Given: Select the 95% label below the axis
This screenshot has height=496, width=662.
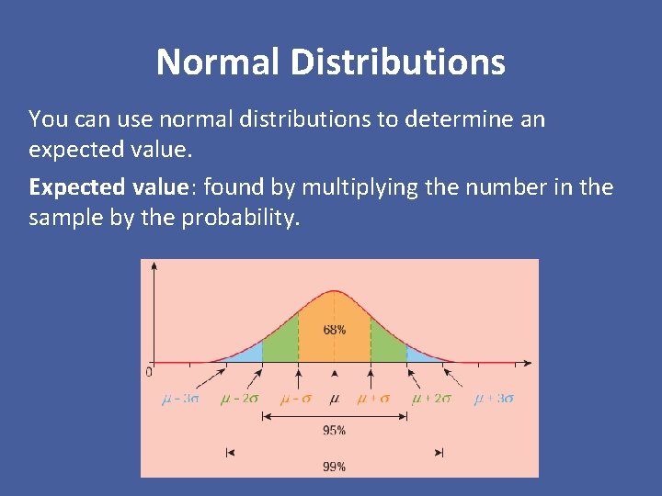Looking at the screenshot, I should coord(335,430).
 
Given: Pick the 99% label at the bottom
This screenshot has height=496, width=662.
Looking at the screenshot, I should coord(335,467).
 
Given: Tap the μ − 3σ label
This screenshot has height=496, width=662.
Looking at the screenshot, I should coord(179,399).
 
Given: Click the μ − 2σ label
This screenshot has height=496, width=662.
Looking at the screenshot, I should coord(239,399).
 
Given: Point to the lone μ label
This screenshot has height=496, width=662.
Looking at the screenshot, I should coord(335,399).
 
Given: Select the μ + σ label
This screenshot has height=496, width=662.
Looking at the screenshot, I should coord(373,399).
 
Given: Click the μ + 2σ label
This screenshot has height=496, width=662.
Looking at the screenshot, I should coord(431,399).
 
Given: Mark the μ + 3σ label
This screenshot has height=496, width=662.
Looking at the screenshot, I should coord(494,399).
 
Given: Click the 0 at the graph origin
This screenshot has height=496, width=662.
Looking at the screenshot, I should coord(149,372).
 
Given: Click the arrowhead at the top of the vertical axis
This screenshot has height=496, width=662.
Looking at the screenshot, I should coord(154,266).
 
